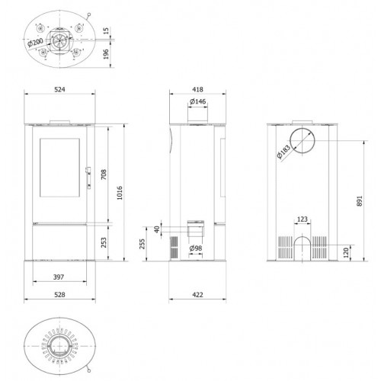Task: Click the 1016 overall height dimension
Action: point(120,193)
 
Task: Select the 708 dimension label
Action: point(104,174)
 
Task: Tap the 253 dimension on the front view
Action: point(104,242)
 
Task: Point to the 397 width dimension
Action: point(59,277)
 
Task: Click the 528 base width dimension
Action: point(59,295)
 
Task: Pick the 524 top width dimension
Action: point(59,89)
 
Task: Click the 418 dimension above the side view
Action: point(197,89)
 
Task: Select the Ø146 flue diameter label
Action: point(197,101)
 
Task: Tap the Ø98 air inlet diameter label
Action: point(196,248)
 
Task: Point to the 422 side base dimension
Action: point(197,295)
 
